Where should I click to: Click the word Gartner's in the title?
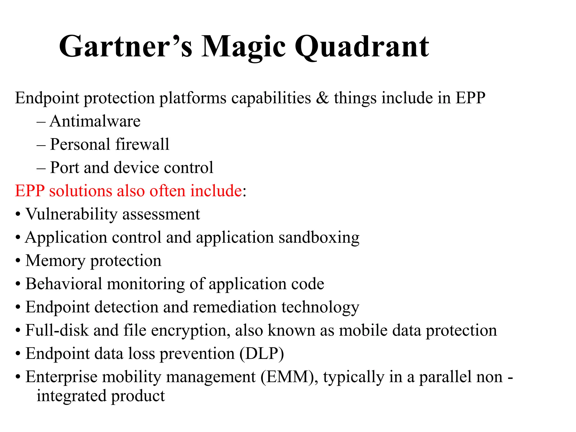(x=125, y=47)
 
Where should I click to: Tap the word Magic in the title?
(x=243, y=47)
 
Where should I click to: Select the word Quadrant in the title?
(x=362, y=47)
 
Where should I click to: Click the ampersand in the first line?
(x=322, y=98)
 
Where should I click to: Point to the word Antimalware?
(x=95, y=121)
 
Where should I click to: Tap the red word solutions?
(x=80, y=191)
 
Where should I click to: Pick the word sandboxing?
(x=319, y=238)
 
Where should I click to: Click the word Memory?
(x=55, y=260)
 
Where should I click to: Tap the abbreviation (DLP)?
(x=262, y=354)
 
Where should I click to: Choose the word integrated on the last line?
(x=71, y=396)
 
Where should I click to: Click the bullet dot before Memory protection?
(x=18, y=261)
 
